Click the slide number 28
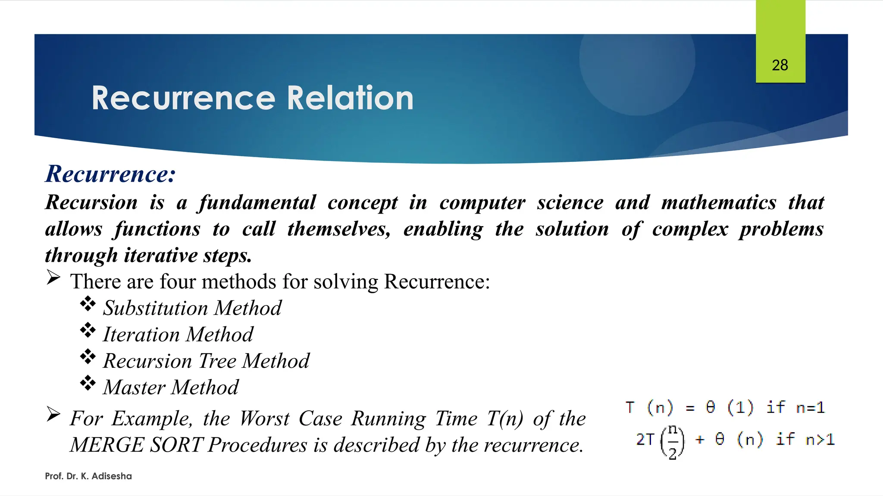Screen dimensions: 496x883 (x=780, y=65)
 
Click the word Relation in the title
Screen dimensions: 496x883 (x=350, y=98)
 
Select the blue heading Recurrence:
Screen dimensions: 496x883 (x=110, y=174)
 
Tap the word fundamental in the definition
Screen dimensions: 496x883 (x=257, y=203)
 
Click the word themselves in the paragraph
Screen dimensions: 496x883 (x=339, y=229)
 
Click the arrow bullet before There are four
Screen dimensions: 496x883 (x=53, y=278)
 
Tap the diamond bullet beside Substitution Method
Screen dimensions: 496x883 (x=88, y=304)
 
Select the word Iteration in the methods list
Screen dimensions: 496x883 (x=141, y=335)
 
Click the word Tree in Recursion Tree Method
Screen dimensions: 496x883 (x=218, y=361)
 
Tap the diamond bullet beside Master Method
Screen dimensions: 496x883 (x=88, y=383)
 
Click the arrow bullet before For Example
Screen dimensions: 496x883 (x=53, y=414)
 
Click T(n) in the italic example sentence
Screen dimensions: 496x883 (x=505, y=418)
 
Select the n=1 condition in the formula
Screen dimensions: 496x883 (x=810, y=407)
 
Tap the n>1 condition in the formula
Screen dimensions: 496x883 (x=820, y=440)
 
